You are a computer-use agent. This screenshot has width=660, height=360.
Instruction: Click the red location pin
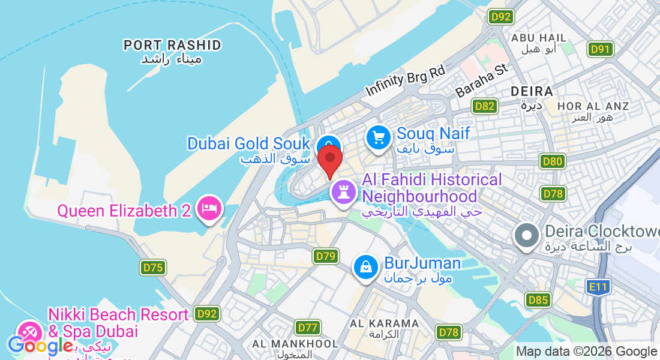(330, 160)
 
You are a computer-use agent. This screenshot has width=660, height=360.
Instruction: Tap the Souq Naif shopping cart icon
(379, 138)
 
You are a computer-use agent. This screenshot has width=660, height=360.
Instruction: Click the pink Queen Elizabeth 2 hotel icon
(209, 208)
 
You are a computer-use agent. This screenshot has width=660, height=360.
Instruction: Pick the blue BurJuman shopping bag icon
(366, 267)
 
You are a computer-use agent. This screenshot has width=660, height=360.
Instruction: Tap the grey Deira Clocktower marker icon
(527, 235)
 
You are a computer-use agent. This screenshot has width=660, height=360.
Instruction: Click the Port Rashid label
(172, 45)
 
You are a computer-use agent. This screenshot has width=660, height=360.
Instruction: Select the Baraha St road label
(482, 82)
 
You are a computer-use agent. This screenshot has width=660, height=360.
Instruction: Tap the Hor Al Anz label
(593, 106)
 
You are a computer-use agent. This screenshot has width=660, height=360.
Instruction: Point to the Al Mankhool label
(295, 344)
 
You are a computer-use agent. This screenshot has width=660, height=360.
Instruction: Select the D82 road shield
(484, 107)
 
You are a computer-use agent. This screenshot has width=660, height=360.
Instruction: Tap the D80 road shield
(551, 161)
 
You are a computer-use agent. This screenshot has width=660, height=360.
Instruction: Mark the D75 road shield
(153, 268)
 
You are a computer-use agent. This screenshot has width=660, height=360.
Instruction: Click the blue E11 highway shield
(598, 287)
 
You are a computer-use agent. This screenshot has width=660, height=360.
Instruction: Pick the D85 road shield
(538, 299)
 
